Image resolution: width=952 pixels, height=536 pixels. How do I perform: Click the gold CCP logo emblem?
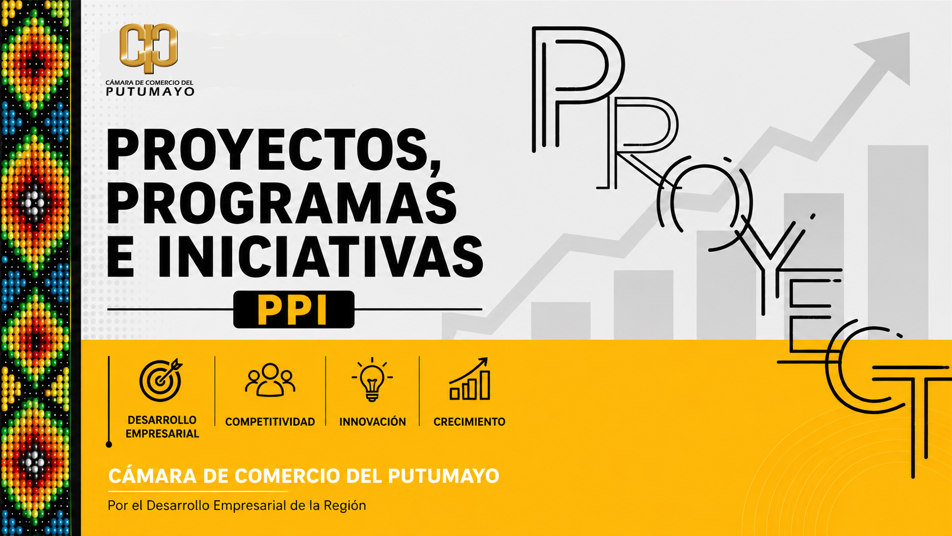[149, 48]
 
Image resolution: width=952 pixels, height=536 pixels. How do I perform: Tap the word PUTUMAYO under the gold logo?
[150, 91]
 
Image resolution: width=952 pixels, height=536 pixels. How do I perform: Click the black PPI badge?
[294, 309]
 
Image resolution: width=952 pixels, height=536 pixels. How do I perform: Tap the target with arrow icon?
[161, 380]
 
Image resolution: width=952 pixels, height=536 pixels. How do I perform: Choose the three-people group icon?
[270, 380]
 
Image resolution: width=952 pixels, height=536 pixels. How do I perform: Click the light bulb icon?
[372, 379]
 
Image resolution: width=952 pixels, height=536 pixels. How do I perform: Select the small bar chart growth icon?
[469, 379]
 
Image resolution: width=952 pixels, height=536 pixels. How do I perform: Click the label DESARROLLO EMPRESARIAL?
[162, 427]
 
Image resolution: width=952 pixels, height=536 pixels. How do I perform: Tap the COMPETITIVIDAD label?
[270, 422]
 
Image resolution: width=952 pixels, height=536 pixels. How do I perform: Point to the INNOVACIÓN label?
[372, 422]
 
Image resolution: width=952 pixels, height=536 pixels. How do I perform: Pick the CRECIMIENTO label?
[469, 422]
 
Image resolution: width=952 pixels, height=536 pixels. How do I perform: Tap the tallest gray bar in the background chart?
[897, 242]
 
